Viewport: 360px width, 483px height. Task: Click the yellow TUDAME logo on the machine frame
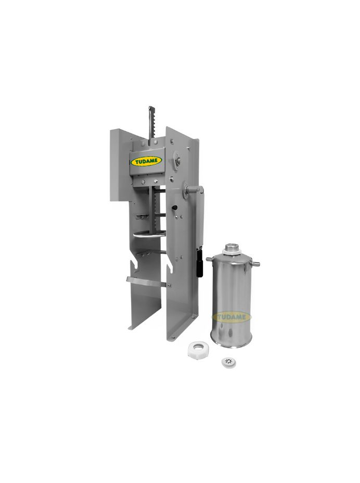pyautogui.click(x=146, y=161)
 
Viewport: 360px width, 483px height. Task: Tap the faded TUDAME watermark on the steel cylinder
pyautogui.click(x=232, y=316)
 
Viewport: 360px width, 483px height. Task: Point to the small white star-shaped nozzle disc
pyautogui.click(x=228, y=362)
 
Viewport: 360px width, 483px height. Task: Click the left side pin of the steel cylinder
pyautogui.click(x=210, y=260)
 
